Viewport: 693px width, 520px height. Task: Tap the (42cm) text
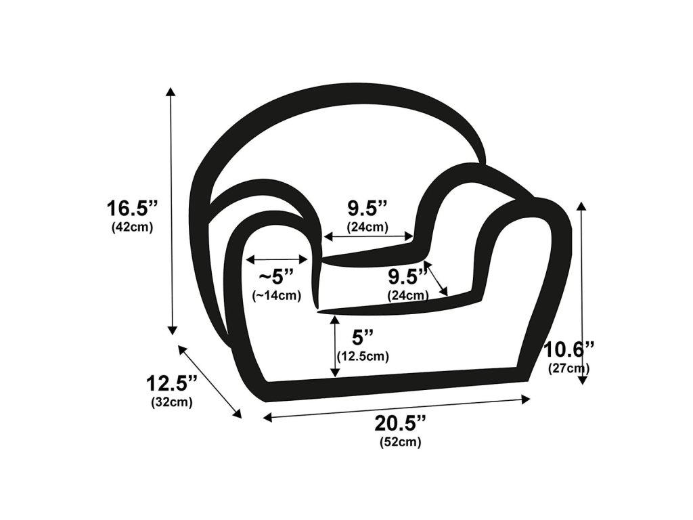coord(132,227)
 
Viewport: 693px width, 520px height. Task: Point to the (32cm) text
coord(172,402)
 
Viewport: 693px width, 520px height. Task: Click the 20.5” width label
coord(401,424)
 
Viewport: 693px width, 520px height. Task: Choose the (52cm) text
coord(401,441)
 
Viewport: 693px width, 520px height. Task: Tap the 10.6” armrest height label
coord(568,350)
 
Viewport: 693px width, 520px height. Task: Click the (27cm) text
coord(568,368)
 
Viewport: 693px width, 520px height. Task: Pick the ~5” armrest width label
coord(277,277)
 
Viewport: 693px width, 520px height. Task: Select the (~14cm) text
coord(277,295)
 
